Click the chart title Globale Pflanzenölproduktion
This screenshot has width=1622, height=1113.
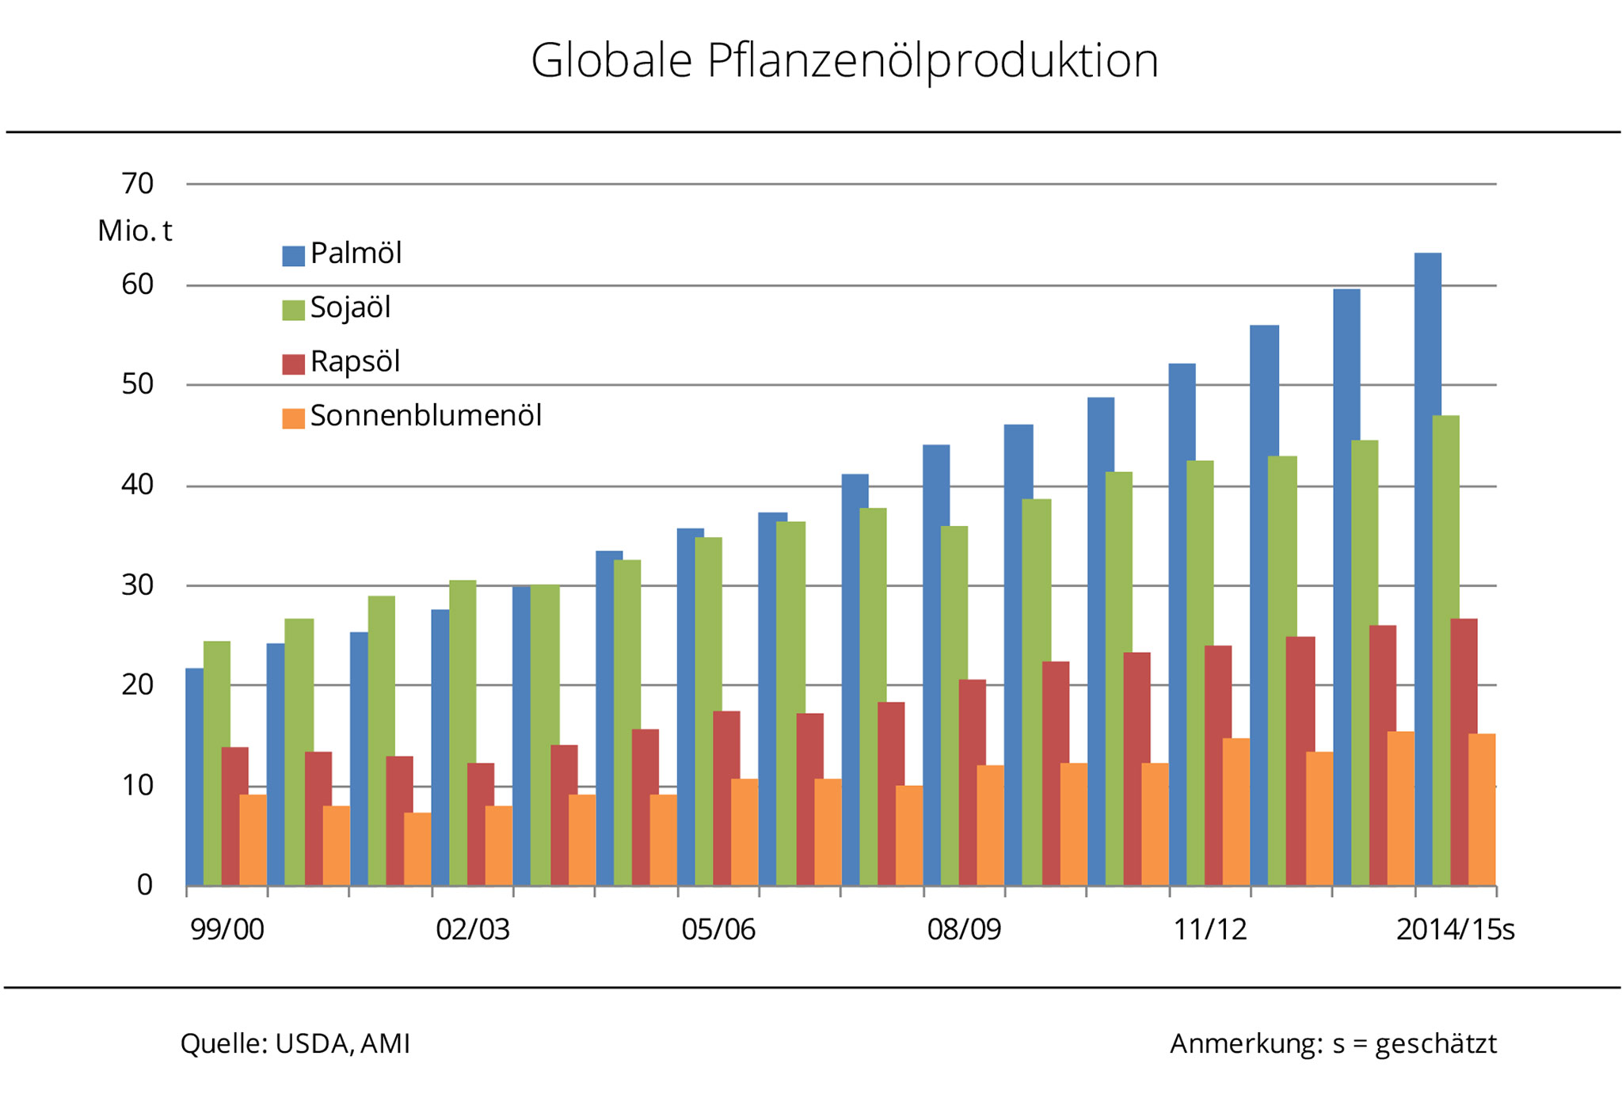844,61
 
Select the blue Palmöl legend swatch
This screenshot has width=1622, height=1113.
293,256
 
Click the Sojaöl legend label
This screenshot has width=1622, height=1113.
350,307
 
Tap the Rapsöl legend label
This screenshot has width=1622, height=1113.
355,362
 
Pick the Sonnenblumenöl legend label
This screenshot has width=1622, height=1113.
425,416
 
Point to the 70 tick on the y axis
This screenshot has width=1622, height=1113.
137,184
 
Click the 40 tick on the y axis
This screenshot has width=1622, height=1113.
137,485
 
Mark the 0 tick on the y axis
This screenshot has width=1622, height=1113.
144,885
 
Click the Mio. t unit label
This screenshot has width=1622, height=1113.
135,231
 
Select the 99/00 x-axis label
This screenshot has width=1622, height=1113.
227,929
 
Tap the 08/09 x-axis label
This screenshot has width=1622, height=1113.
964,929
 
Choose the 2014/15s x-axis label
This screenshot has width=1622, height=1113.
1455,929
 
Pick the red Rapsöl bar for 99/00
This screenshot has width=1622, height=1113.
234,816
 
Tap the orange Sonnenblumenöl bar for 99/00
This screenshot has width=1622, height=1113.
253,840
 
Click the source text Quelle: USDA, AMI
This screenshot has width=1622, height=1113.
295,1044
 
